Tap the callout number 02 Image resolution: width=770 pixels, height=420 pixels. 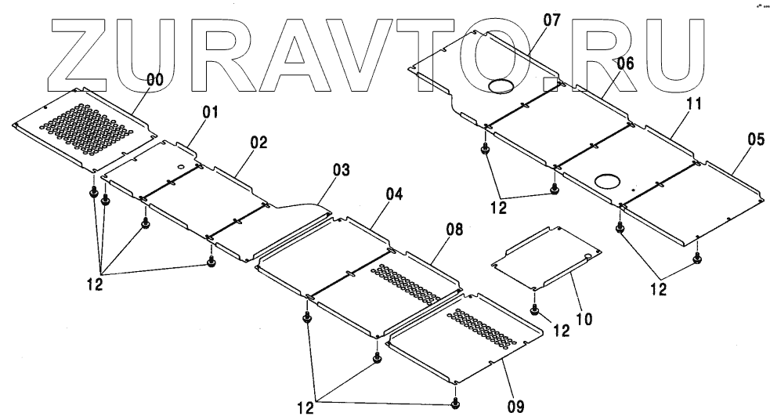pyautogui.click(x=258, y=143)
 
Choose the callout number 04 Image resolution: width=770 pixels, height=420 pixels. pyautogui.click(x=394, y=194)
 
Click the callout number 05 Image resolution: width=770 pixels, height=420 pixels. pyautogui.click(x=756, y=139)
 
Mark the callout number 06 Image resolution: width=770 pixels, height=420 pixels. pyautogui.click(x=624, y=65)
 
